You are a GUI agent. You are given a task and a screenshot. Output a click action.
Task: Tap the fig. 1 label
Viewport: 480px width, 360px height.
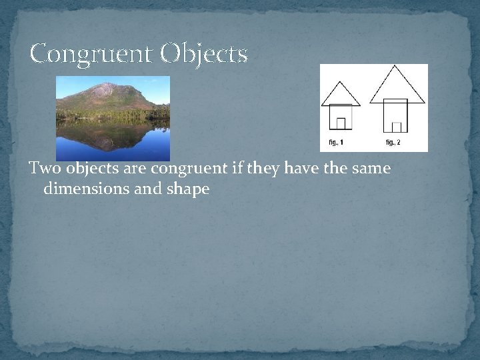point(337,143)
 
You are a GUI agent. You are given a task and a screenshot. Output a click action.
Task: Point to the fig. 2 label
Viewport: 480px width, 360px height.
point(393,143)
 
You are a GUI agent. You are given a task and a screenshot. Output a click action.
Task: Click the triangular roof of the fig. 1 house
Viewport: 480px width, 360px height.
point(341,95)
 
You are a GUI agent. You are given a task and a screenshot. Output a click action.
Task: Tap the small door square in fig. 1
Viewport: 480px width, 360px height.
point(341,123)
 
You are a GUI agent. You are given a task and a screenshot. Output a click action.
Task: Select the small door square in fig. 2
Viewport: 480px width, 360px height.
point(397,127)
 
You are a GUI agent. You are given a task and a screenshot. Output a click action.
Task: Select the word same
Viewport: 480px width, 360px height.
point(371,169)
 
